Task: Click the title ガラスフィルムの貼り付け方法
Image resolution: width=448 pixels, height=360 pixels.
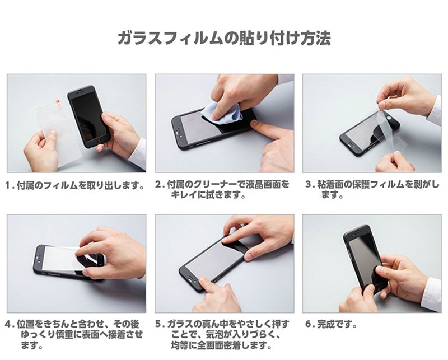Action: (x=225, y=38)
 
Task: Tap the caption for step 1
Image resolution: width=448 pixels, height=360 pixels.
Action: (x=75, y=186)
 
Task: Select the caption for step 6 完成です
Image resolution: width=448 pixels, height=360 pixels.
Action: (x=332, y=324)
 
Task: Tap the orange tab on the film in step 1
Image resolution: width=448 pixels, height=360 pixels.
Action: (x=57, y=102)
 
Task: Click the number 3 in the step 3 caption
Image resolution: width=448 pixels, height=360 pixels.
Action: (x=308, y=184)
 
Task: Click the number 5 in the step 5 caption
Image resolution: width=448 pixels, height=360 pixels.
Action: (x=158, y=324)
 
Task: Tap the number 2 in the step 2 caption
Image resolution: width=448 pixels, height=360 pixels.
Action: (x=158, y=184)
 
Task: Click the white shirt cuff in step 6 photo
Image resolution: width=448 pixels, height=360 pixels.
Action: (x=432, y=295)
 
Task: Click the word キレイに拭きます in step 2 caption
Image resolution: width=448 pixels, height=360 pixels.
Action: (x=208, y=195)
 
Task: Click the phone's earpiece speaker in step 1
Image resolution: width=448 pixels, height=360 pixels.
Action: (x=80, y=91)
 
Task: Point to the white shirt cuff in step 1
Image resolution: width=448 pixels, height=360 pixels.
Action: (x=138, y=153)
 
